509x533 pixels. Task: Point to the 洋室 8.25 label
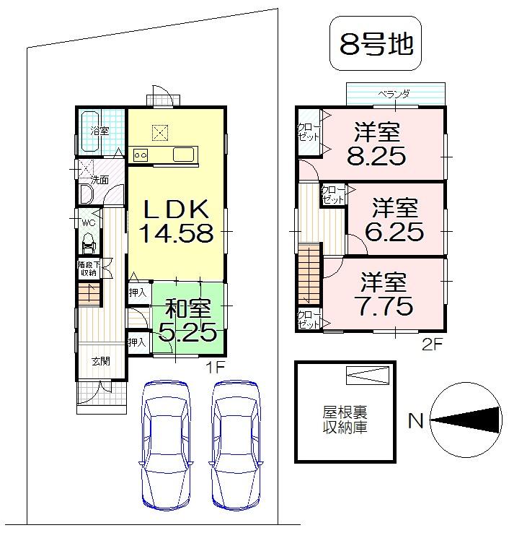point(376,145)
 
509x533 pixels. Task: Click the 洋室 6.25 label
point(396,220)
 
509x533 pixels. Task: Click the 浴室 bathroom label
point(99,131)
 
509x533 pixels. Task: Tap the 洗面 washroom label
point(99,180)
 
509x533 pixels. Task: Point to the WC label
point(88,222)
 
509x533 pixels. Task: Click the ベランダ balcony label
point(394,94)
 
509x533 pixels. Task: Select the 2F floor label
point(431,344)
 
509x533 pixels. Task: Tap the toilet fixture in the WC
point(89,240)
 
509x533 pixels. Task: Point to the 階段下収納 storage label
point(88,268)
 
